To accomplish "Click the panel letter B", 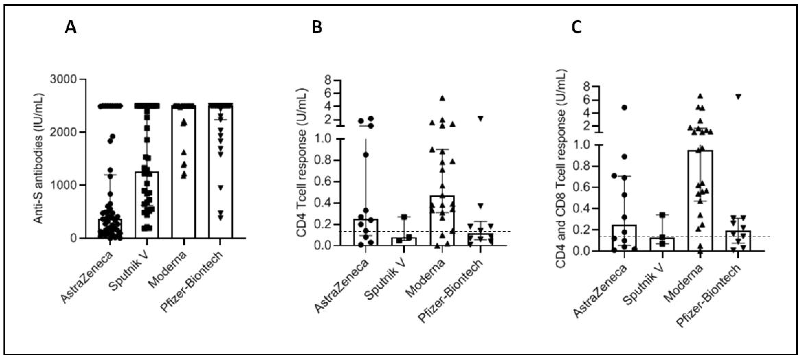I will click(x=317, y=28).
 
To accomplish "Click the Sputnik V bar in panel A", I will click(x=147, y=205).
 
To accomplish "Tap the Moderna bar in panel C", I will click(x=702, y=201).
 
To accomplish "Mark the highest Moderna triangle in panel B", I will click(x=442, y=98).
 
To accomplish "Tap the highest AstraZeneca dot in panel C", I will click(x=624, y=107).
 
